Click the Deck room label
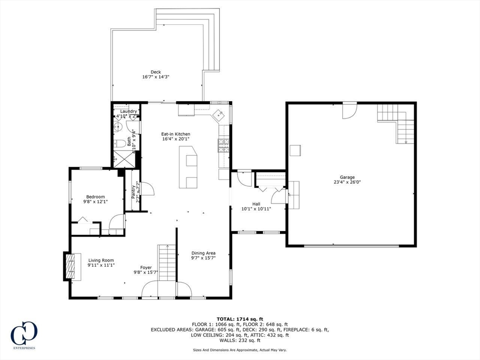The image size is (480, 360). point(156,72)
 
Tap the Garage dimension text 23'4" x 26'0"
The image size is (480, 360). point(347,183)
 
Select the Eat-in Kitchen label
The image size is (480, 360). point(176,134)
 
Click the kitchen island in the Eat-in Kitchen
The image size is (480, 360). point(188,167)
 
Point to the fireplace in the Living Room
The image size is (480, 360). point(69,266)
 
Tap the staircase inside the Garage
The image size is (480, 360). point(397,123)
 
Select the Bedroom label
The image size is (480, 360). point(95,197)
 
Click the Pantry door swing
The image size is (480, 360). point(148,188)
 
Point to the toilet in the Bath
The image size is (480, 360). point(120,143)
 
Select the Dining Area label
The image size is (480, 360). point(203,253)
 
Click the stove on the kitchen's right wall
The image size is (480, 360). point(223,146)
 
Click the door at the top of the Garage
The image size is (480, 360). point(349,111)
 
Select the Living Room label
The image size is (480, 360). point(101,261)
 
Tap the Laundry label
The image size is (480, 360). point(128,111)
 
